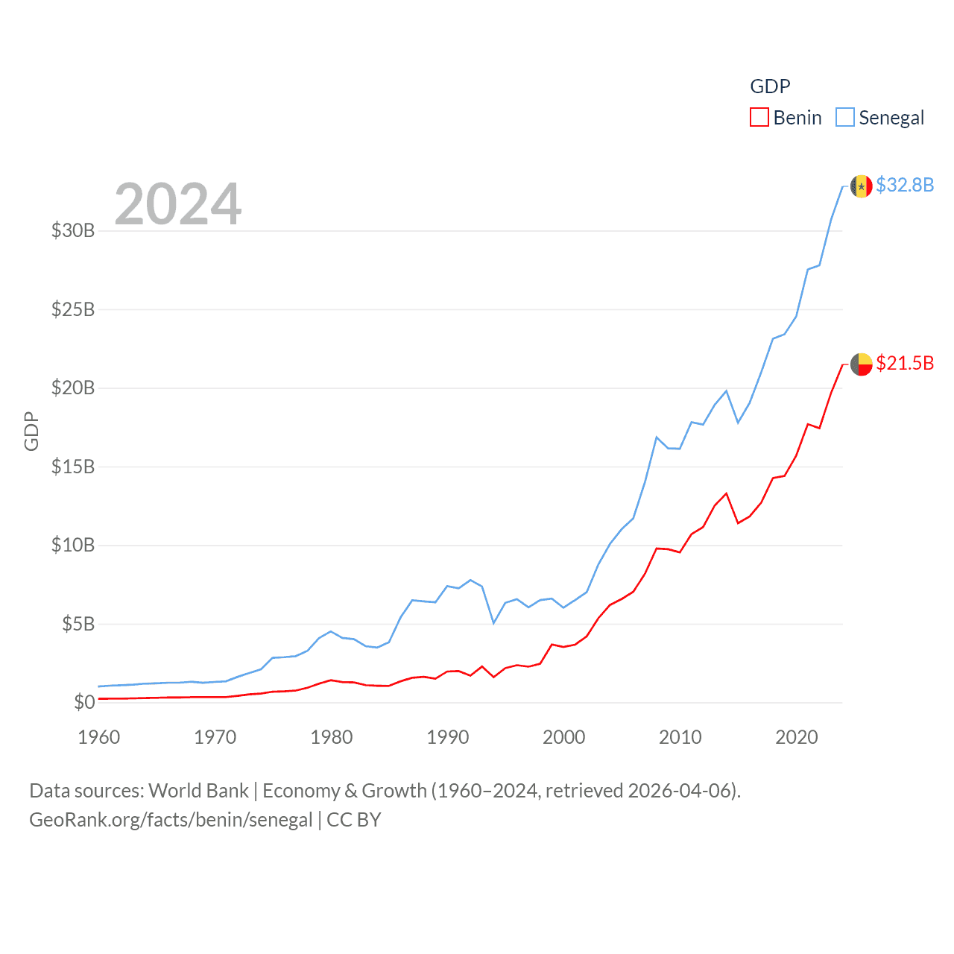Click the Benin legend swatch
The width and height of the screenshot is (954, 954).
pyautogui.click(x=759, y=118)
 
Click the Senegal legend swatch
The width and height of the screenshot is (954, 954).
pyautogui.click(x=844, y=118)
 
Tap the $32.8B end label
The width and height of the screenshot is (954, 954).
pyautogui.click(x=905, y=185)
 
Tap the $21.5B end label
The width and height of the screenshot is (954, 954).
pyautogui.click(x=905, y=363)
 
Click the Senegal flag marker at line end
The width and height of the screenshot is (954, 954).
pyautogui.click(x=862, y=186)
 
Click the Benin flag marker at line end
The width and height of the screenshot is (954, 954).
pyautogui.click(x=862, y=364)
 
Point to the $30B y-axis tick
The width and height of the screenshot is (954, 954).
pyautogui.click(x=73, y=230)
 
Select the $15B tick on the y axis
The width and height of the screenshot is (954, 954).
pyautogui.click(x=73, y=467)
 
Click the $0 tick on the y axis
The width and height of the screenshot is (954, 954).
pyautogui.click(x=84, y=702)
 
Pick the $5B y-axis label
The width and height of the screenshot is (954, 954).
pyautogui.click(x=78, y=624)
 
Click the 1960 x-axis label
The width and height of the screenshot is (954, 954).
pyautogui.click(x=99, y=737)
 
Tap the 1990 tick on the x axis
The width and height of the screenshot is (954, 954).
pyautogui.click(x=448, y=737)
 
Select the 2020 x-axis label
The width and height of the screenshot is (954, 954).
pyautogui.click(x=797, y=737)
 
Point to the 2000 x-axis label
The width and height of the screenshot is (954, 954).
pyautogui.click(x=564, y=737)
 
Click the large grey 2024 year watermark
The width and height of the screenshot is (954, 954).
pyautogui.click(x=178, y=203)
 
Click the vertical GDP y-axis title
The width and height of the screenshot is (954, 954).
pyautogui.click(x=31, y=431)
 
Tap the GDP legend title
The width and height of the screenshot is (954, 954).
pyautogui.click(x=770, y=86)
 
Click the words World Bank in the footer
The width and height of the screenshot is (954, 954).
pyautogui.click(x=198, y=790)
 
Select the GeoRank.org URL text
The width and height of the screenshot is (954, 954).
pyautogui.click(x=171, y=820)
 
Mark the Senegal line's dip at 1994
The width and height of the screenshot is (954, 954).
pyautogui.click(x=493, y=622)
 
